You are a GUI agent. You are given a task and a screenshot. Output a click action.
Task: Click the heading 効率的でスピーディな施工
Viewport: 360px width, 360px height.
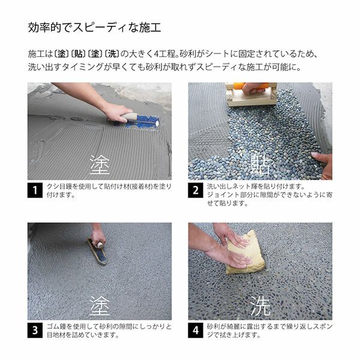(x=95, y=28)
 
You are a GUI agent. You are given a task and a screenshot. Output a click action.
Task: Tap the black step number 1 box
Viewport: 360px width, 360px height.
(x=35, y=191)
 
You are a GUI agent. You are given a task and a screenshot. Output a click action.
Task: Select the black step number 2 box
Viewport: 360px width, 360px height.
(x=196, y=191)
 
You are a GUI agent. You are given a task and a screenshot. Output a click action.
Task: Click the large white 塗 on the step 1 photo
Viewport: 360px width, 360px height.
(x=100, y=164)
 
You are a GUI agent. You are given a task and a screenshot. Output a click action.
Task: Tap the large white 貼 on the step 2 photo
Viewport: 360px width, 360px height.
(x=260, y=164)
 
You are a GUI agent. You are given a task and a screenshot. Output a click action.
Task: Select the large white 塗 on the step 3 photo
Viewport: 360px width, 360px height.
(x=100, y=304)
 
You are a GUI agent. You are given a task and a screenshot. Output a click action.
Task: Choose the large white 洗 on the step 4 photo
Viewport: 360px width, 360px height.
(x=260, y=304)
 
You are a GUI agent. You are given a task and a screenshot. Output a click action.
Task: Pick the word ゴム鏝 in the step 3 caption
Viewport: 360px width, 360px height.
(x=56, y=326)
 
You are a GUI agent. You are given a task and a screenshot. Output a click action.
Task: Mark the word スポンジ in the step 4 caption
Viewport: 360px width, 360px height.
(x=319, y=326)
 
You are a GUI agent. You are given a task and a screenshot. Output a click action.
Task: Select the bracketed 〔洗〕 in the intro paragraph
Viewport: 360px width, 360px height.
(x=109, y=54)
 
